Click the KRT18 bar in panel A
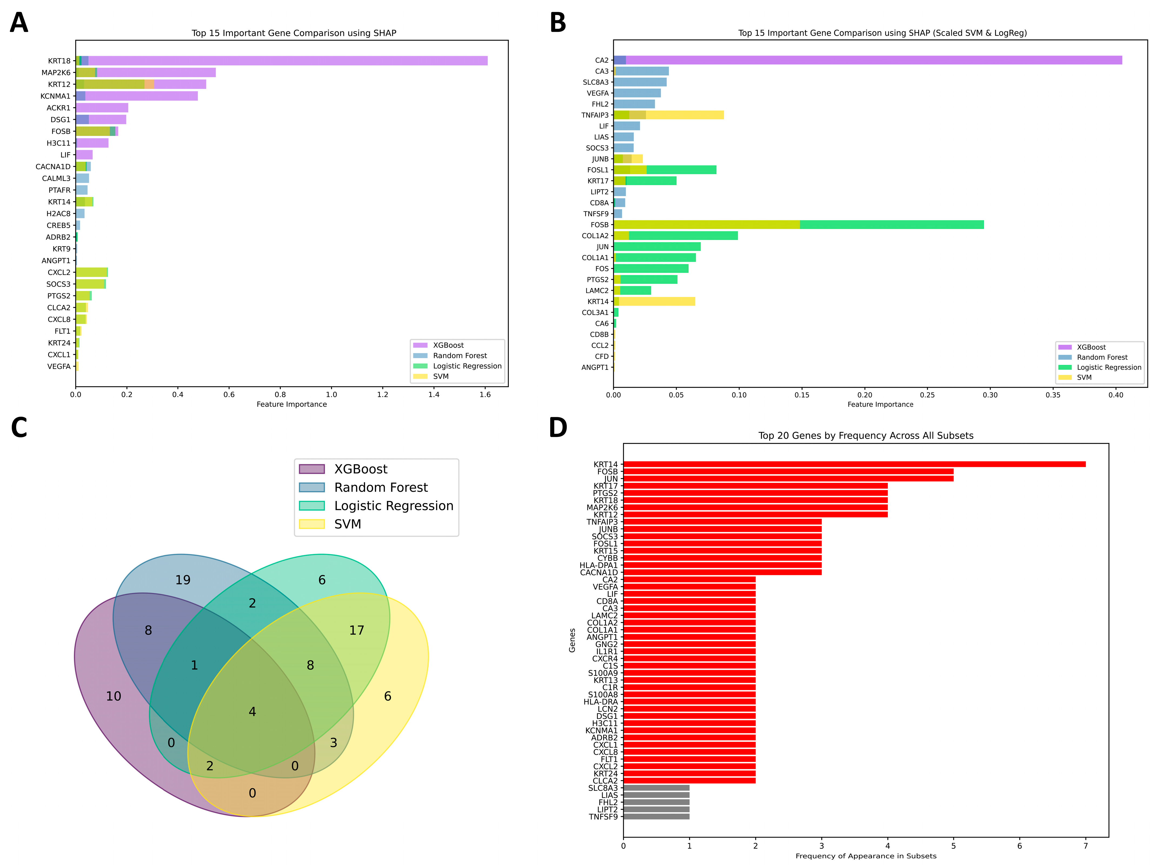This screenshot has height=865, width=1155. coord(282,61)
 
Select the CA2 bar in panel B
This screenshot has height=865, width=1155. coord(867,60)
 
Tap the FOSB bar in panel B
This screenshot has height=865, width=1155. coord(799,225)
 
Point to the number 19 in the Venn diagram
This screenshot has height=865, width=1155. coord(183,580)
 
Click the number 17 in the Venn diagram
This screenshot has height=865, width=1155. coord(357,631)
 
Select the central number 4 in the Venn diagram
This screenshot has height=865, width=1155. coord(252,711)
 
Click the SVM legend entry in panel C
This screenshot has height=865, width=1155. coord(347,524)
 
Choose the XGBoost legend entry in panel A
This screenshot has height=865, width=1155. coord(448,345)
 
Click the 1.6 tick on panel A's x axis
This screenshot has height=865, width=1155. coord(485,394)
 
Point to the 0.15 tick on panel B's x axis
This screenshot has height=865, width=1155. coord(802,395)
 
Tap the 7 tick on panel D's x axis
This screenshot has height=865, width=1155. coord(1086,846)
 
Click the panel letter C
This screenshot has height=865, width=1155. coord(19,428)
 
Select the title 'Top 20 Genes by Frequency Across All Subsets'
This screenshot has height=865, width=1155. coord(866,436)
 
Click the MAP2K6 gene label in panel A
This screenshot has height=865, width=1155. coord(56,73)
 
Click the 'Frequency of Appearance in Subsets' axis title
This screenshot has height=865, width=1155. coord(866,856)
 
